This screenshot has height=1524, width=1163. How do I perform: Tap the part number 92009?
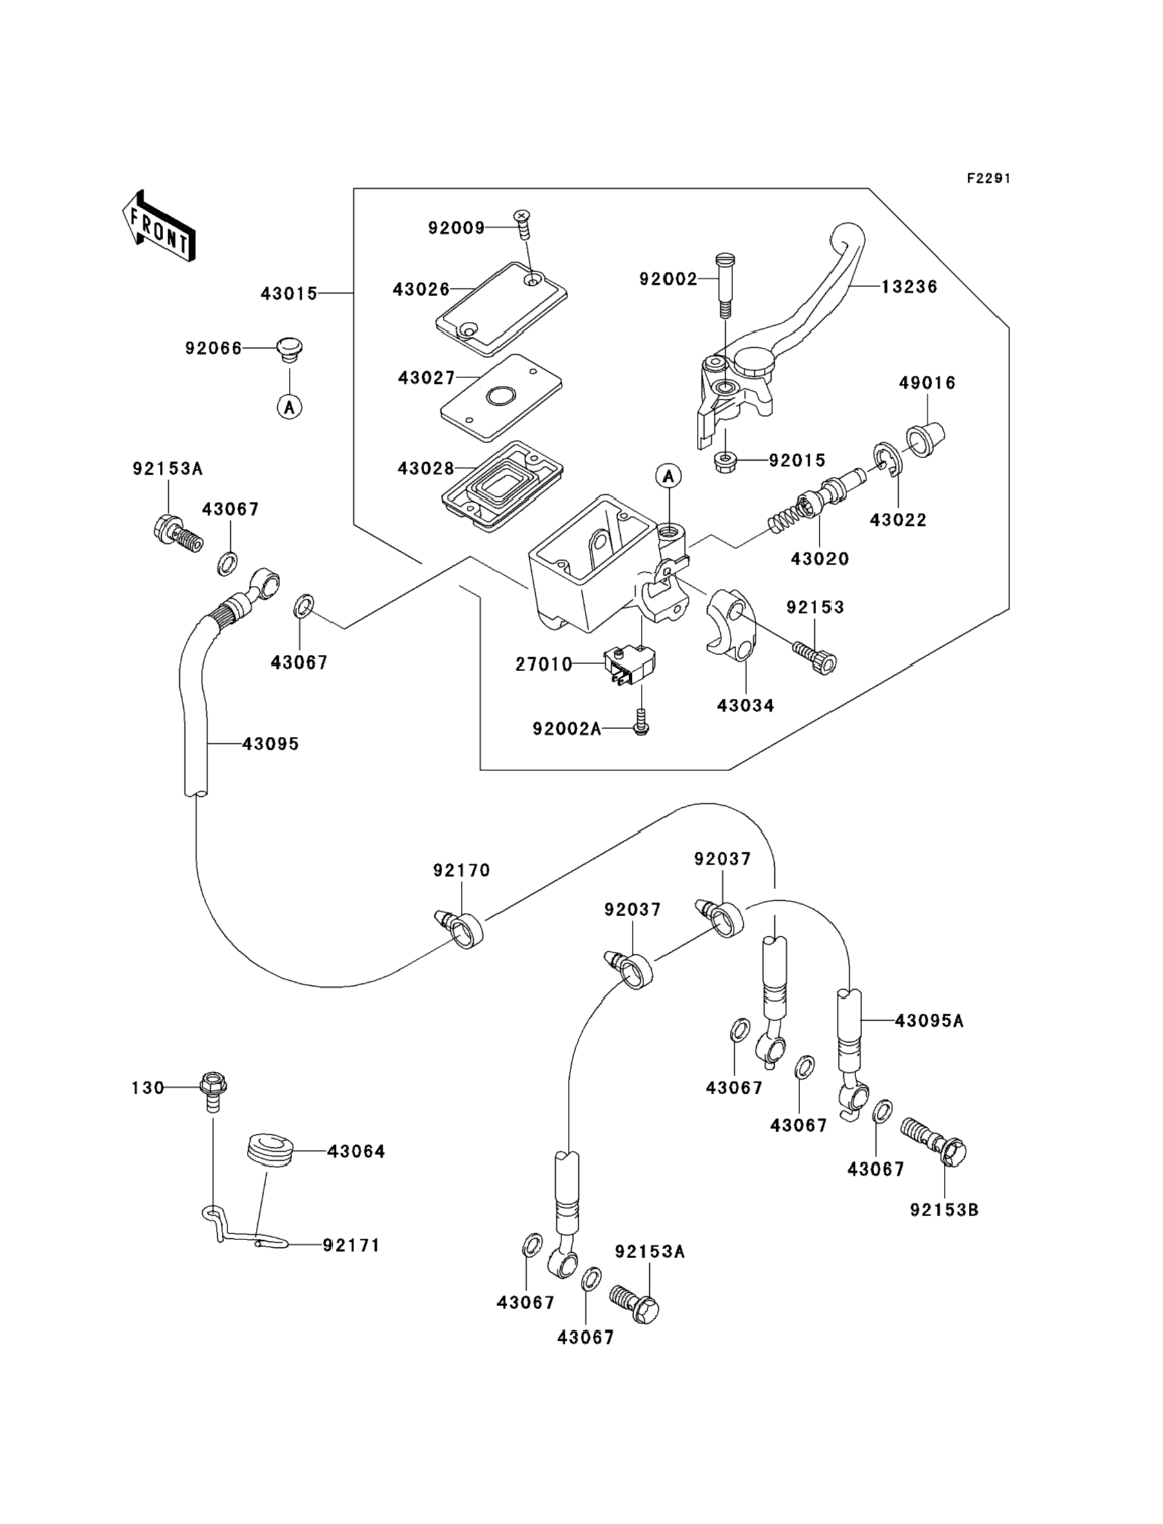click(456, 228)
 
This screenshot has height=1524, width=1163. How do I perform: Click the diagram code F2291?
click(988, 179)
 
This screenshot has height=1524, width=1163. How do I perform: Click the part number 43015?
click(289, 294)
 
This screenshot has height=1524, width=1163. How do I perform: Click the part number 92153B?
click(944, 1210)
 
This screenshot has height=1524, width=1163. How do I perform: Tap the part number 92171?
click(351, 1245)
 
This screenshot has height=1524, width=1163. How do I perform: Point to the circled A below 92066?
click(290, 406)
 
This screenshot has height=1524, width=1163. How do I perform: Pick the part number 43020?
click(819, 558)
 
